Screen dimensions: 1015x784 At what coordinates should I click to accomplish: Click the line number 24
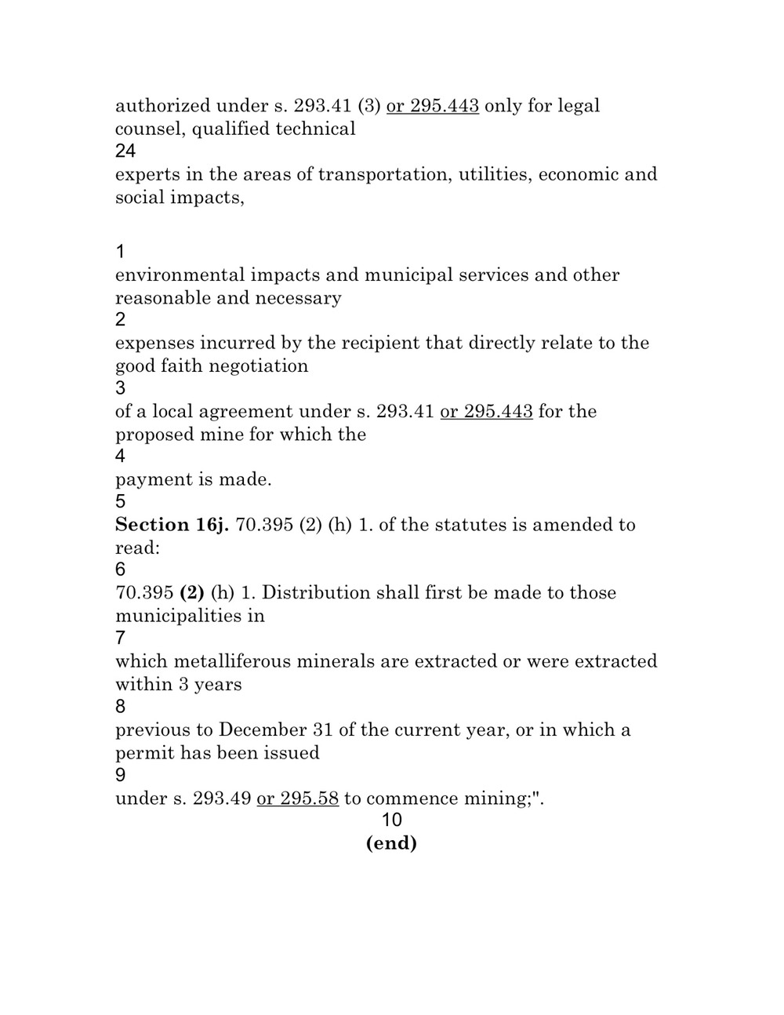point(125,151)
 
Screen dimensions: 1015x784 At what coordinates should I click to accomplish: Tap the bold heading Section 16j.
point(172,525)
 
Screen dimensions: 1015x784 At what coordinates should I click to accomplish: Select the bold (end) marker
point(391,843)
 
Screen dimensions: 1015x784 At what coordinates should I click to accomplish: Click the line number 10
point(391,820)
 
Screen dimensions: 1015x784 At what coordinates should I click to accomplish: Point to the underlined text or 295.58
point(298,799)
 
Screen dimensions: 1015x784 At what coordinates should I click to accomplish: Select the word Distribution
point(316,593)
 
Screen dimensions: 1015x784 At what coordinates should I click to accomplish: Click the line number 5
point(120,502)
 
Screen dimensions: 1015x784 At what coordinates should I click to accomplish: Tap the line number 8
point(120,707)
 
